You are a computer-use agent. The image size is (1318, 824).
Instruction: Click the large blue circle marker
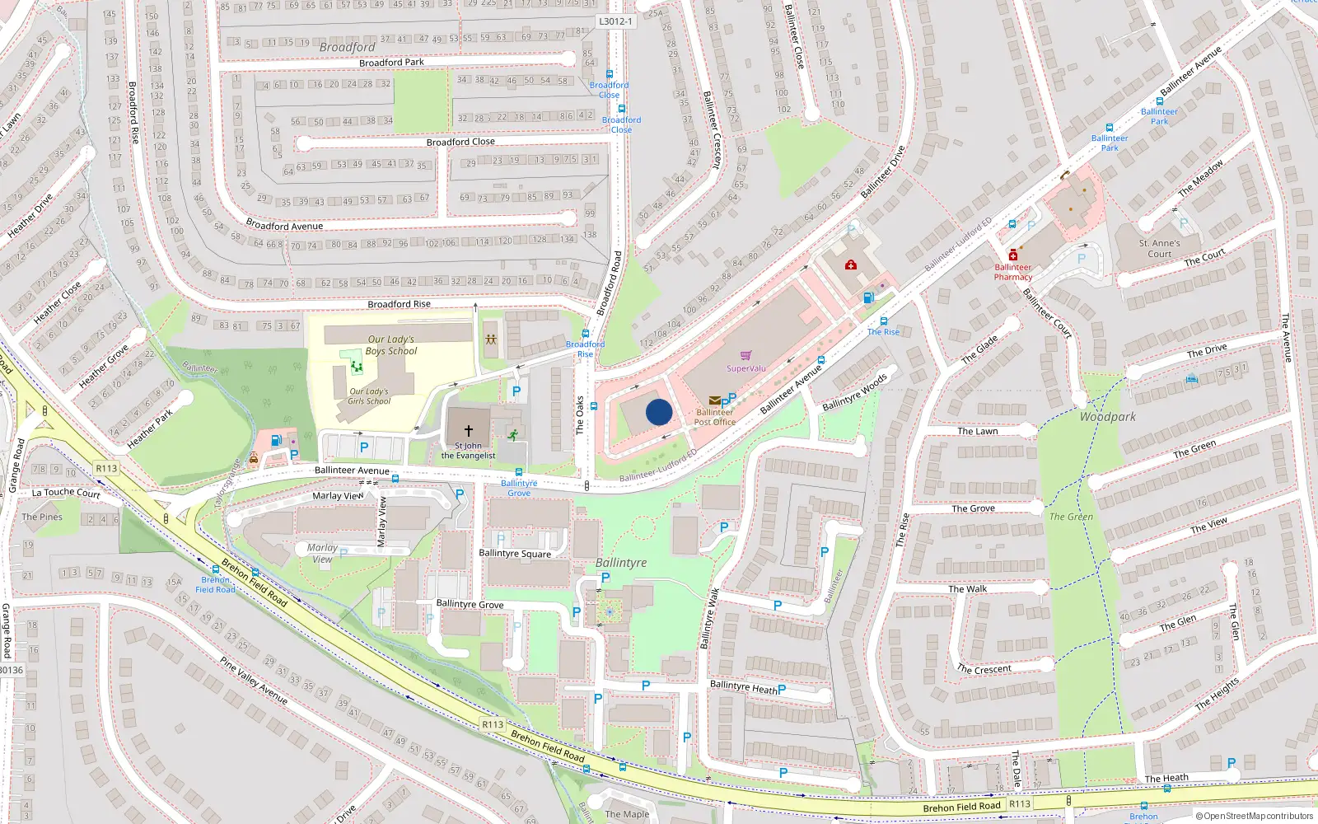point(659,412)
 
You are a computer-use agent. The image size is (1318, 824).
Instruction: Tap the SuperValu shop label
point(746,368)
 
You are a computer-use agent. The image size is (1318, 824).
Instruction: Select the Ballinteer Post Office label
point(715,417)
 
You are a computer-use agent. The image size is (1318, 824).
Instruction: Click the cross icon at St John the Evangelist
point(469,431)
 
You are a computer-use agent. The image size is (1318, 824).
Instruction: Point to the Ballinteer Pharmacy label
point(1012,272)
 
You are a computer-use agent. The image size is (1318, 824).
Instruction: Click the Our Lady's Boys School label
point(391,345)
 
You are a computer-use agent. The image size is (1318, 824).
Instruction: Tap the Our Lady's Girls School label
point(369,396)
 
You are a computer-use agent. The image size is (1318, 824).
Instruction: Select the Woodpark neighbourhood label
point(1107,417)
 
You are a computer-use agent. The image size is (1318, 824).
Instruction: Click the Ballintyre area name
point(621,563)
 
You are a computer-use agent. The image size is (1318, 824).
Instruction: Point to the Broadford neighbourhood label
point(347,47)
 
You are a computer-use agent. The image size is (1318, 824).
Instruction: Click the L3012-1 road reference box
point(615,21)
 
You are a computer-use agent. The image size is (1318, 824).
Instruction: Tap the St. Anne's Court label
point(1159,248)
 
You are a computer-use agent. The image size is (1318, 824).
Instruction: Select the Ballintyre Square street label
point(515,554)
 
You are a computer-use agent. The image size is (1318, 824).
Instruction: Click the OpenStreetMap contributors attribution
point(1255,816)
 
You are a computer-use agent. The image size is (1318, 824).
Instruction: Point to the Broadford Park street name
point(391,63)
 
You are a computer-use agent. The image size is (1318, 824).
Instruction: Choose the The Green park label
point(1071,517)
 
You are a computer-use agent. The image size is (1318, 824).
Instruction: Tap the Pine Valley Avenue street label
point(253,680)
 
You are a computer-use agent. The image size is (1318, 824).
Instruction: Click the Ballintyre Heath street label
point(743,686)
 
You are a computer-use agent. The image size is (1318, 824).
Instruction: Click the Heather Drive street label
point(30,217)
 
